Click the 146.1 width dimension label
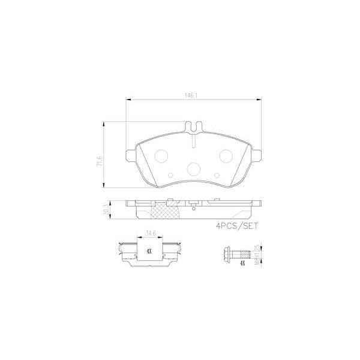pyautogui.click(x=191, y=94)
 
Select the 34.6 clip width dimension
pyautogui.click(x=151, y=233)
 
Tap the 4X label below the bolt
pyautogui.click(x=242, y=263)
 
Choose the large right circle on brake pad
pyautogui.click(x=226, y=156)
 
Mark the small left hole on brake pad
pyautogui.click(x=129, y=158)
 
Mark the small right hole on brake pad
pyautogui.click(x=258, y=158)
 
